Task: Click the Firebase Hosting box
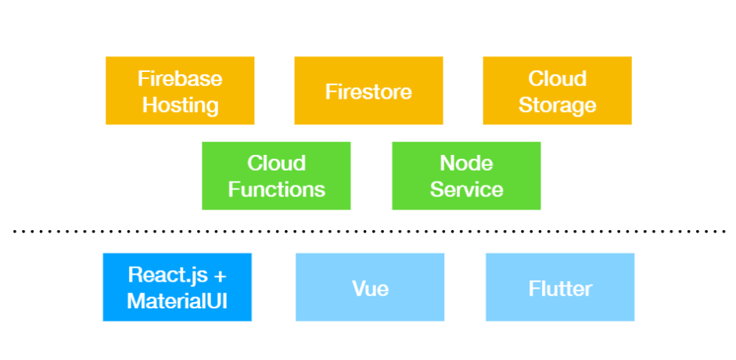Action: [180, 91]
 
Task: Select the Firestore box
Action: [368, 91]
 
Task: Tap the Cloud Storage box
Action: [557, 91]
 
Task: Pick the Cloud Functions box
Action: [276, 175]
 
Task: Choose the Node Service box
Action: [466, 175]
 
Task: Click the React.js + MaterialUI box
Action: [177, 287]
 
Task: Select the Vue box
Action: [370, 287]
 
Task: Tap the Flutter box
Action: [560, 287]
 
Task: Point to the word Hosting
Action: [180, 106]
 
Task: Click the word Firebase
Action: [180, 78]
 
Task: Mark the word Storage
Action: [557, 106]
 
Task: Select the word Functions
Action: [276, 189]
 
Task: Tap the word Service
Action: [467, 189]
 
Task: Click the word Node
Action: [466, 163]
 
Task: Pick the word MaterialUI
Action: [177, 301]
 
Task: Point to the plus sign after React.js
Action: [219, 275]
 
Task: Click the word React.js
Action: [167, 275]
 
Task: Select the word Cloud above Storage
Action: [557, 78]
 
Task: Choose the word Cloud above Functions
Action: [276, 163]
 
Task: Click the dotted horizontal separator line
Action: [370, 232]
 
